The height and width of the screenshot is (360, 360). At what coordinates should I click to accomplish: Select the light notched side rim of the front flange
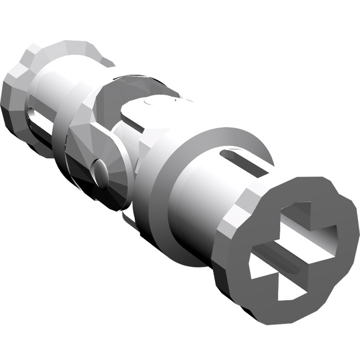[x=234, y=216]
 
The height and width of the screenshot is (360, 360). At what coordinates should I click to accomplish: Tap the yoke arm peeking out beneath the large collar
[x=129, y=219]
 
